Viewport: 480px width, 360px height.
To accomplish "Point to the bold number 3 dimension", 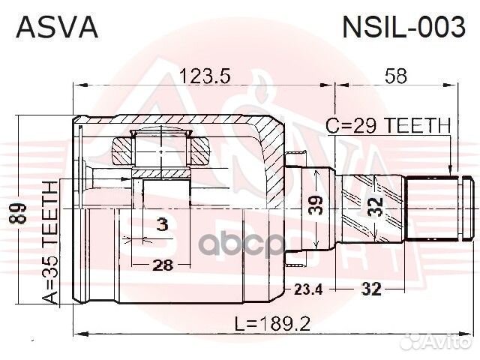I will [x=161, y=224].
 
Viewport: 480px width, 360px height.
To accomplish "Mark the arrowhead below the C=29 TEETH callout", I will [x=449, y=171].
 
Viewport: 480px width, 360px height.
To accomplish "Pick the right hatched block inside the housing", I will [x=201, y=153].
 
